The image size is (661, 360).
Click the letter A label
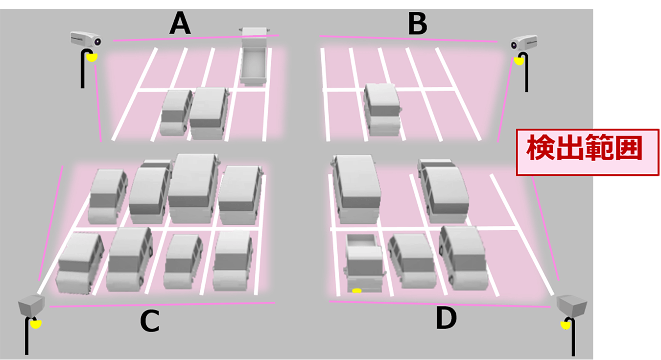coord(180,24)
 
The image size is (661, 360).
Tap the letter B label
coord(418,24)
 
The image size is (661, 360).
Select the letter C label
coord(150,321)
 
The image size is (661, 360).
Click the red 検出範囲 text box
coord(588,152)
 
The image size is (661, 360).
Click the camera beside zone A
coord(86,39)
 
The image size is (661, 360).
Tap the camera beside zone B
coord(524,43)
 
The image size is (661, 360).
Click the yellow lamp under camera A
coord(92,57)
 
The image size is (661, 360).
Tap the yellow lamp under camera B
coord(519,61)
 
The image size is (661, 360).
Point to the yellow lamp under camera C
coord(36,324)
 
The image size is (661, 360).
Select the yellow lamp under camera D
coord(566,326)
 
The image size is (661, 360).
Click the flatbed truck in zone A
coord(255,56)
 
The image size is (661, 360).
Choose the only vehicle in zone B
coord(382,110)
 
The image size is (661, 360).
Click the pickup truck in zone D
coord(364,263)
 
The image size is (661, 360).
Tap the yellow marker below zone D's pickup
coord(357,291)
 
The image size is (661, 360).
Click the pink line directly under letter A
coord(196,38)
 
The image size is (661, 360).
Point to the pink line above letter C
coord(162,305)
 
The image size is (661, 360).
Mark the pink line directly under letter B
coord(408,39)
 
